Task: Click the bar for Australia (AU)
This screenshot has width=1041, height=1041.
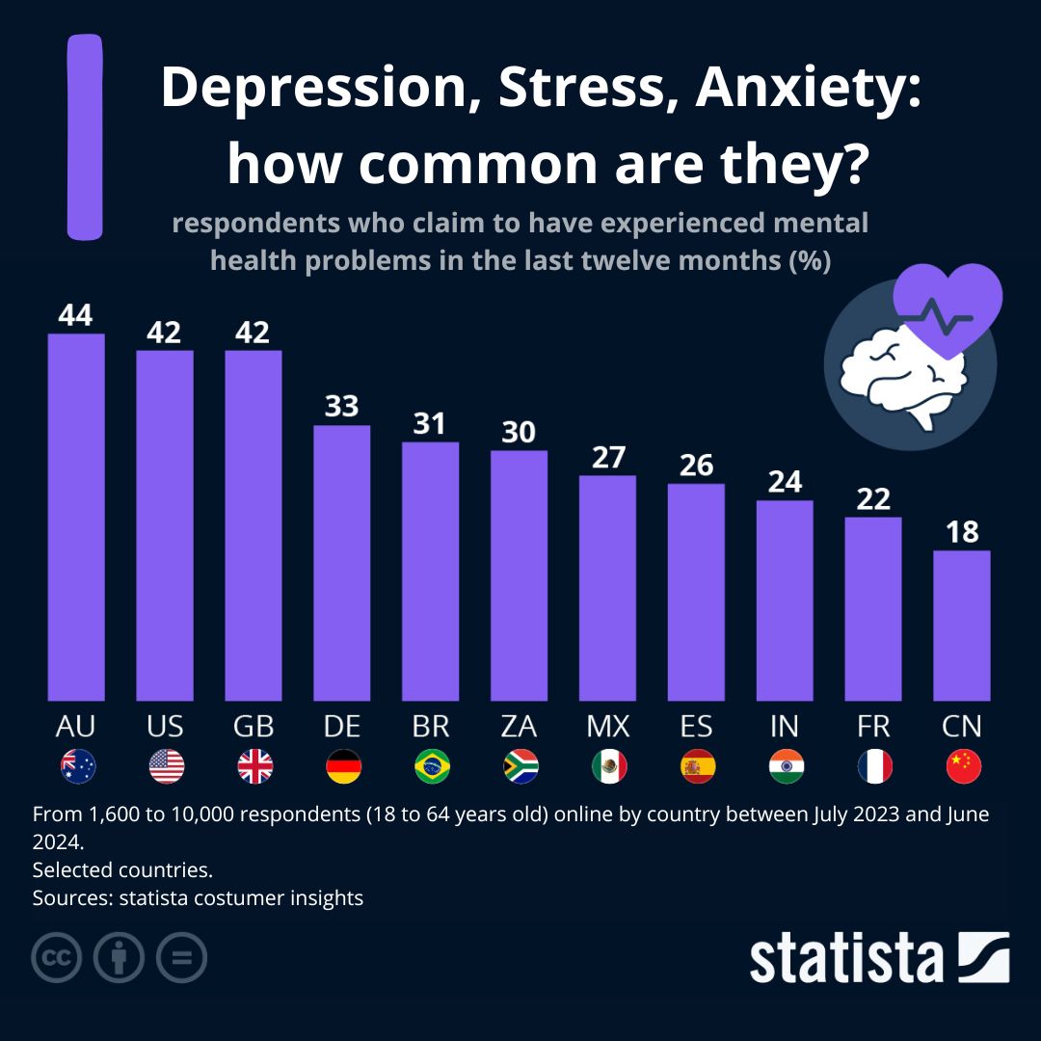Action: coord(76,517)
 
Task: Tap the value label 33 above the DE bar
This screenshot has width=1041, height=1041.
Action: coord(341,406)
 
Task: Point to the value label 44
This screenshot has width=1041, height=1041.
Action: coord(76,315)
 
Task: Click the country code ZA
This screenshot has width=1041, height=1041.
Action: coord(519,726)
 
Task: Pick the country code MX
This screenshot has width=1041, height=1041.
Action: coord(607,726)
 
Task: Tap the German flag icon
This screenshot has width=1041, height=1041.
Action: coord(344,766)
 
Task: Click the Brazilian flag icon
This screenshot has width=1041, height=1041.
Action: coord(432,766)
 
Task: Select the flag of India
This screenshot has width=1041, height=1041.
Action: coord(787,766)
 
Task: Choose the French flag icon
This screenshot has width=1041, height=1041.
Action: coord(874,766)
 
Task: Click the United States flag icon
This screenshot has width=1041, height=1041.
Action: coord(167,766)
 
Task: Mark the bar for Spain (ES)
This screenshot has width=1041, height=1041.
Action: coord(696,592)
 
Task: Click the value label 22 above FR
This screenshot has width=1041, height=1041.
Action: coord(873,498)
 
